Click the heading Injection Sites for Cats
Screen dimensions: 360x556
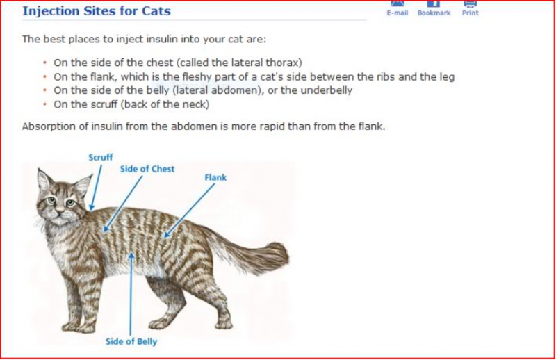[96, 11]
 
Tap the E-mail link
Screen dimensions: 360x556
[397, 13]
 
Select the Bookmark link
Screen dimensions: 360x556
[434, 13]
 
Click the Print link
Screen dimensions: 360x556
[470, 13]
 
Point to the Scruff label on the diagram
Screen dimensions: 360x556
[100, 158]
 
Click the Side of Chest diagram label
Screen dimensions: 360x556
[147, 169]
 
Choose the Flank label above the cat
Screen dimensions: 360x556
[215, 177]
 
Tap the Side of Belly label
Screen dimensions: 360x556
[131, 341]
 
